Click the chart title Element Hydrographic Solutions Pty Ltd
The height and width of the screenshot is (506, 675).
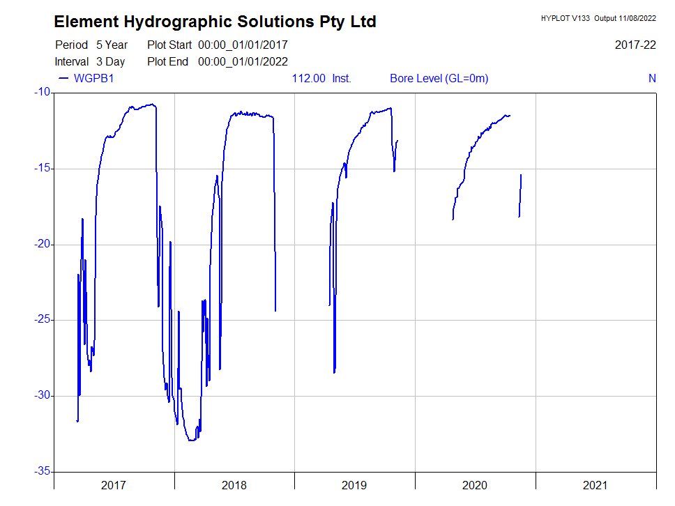215,22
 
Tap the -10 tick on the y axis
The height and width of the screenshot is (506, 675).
42,92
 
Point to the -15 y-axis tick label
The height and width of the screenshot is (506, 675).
42,168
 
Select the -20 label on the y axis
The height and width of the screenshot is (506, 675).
42,244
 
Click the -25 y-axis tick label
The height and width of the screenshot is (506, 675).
42,320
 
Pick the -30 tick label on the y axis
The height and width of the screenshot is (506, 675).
42,396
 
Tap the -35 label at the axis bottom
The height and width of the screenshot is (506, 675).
42,472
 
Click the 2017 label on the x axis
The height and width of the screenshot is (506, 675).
114,485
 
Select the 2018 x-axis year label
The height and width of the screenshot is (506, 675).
234,485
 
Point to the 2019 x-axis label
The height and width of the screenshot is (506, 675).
354,485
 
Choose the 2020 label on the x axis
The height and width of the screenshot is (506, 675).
475,485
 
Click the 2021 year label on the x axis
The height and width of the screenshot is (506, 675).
596,485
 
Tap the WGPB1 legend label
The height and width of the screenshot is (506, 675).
93,78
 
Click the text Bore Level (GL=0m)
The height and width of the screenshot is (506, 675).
439,78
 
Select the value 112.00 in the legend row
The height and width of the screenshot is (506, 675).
308,78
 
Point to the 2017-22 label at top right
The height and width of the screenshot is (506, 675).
635,45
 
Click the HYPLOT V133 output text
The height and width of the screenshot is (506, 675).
598,18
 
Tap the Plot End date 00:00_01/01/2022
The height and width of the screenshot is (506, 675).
243,62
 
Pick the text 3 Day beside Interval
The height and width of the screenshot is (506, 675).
110,62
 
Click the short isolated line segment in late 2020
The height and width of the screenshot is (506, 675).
520,195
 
